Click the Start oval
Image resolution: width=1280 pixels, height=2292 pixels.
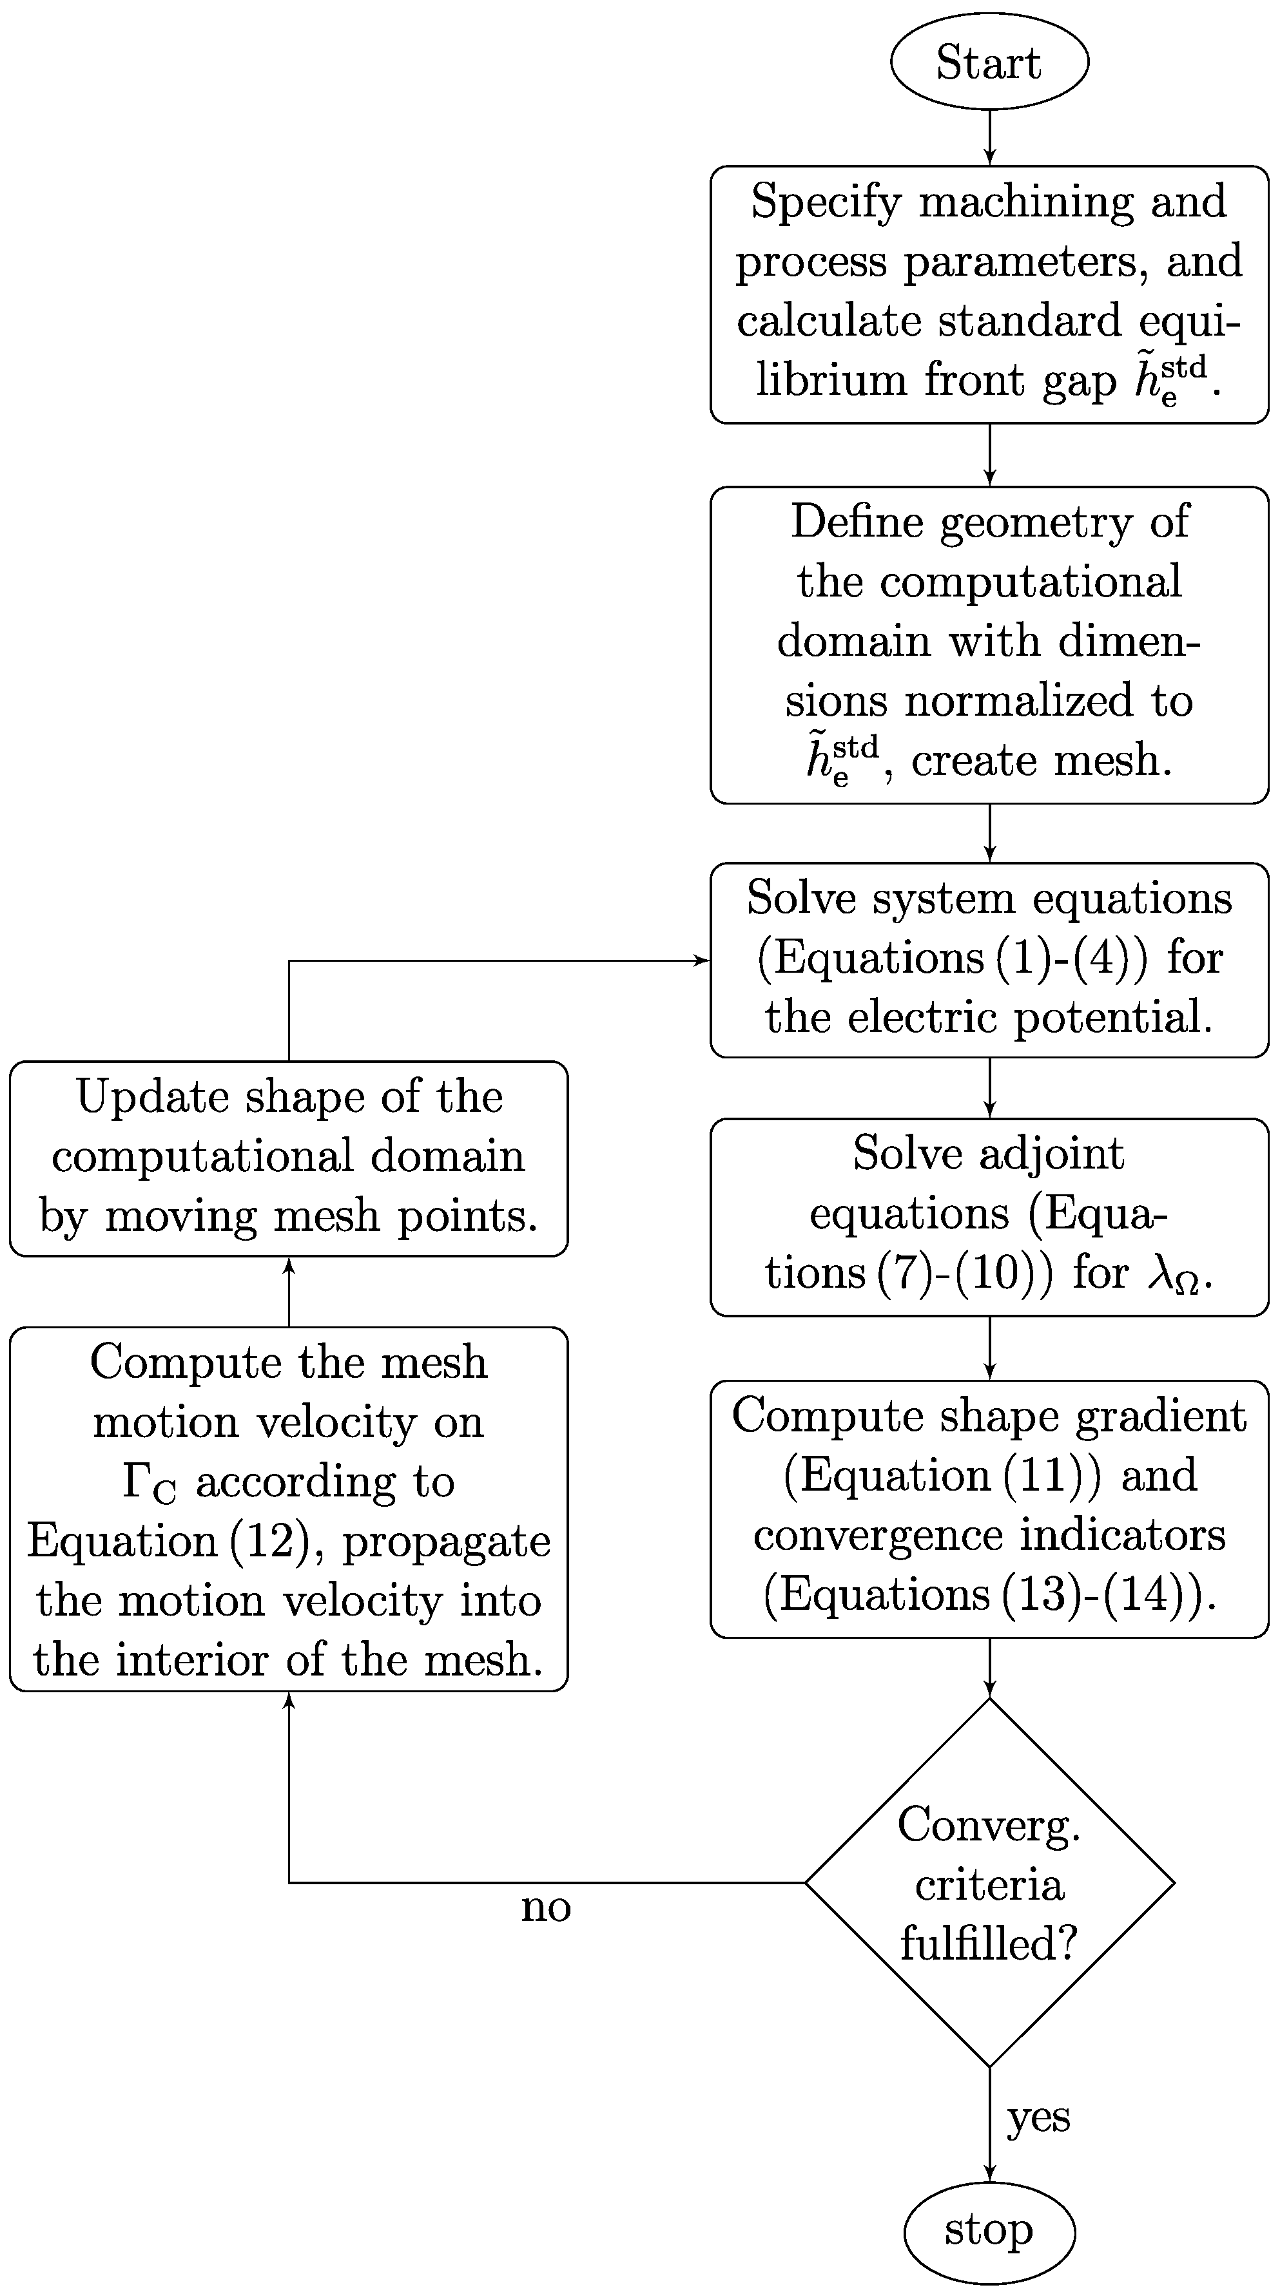[989, 61]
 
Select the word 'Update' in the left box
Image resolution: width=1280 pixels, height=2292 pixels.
[153, 1096]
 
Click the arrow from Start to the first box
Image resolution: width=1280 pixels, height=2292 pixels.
[989, 138]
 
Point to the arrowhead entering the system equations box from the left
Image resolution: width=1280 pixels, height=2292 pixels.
[703, 961]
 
